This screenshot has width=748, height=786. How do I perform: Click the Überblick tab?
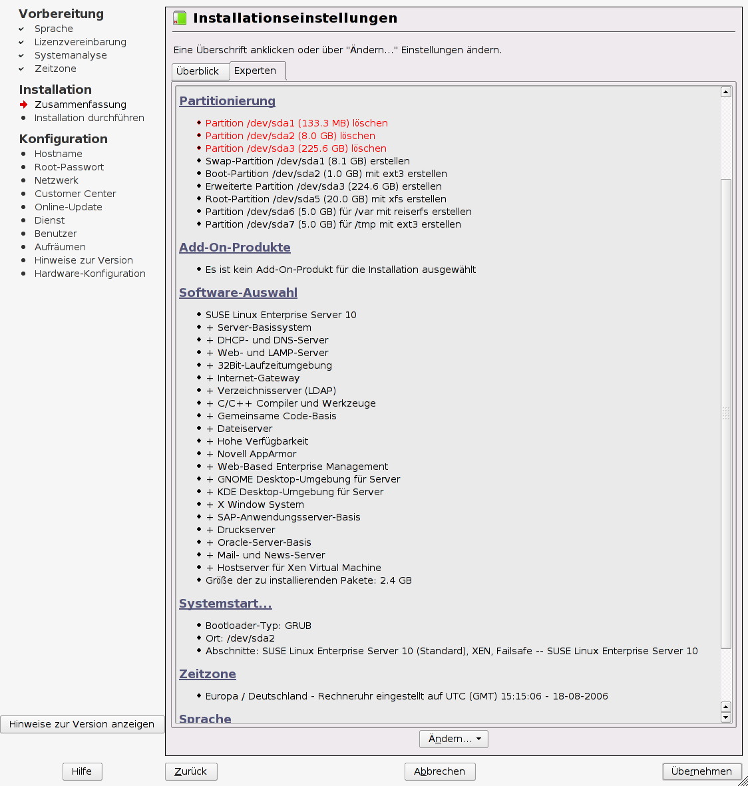(x=198, y=71)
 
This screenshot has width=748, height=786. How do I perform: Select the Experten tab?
(x=256, y=71)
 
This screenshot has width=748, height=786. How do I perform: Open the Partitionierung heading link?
(x=227, y=101)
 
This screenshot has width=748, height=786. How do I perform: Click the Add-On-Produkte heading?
(x=234, y=248)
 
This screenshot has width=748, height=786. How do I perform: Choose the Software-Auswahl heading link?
(x=238, y=293)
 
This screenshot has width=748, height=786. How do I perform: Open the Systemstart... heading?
(x=225, y=604)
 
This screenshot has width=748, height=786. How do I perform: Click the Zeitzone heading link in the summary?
(x=207, y=674)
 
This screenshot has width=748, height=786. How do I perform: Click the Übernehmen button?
(x=701, y=771)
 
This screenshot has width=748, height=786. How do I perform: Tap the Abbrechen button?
(x=439, y=771)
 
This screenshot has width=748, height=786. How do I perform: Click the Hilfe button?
(x=82, y=771)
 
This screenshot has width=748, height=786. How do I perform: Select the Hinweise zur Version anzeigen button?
(x=82, y=724)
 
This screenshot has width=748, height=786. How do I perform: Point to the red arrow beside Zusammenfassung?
(x=24, y=104)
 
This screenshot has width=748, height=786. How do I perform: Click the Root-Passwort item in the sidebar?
(x=69, y=167)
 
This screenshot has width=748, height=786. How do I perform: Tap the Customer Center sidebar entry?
(x=75, y=194)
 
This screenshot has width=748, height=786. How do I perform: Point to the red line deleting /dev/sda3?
(x=295, y=148)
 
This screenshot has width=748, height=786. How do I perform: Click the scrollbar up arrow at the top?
(x=726, y=92)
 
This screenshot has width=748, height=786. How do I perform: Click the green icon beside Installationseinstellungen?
(x=180, y=18)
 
